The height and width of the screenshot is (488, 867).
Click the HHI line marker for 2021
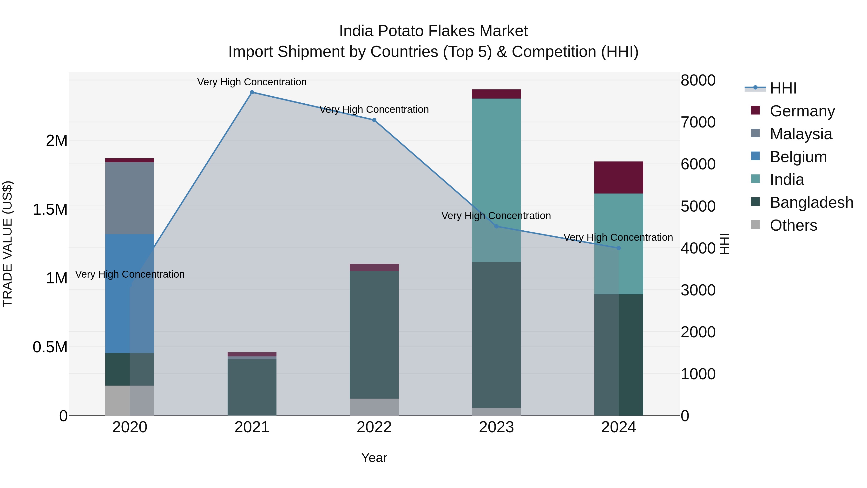click(x=252, y=92)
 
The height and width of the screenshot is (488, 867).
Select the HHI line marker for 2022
click(x=374, y=120)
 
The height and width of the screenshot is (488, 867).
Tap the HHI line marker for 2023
click(x=496, y=226)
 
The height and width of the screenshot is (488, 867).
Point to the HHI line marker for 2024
click(x=618, y=248)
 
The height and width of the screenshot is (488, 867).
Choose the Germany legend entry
click(x=802, y=111)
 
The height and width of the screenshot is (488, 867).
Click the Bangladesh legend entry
click(x=811, y=202)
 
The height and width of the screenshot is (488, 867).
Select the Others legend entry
click(x=793, y=225)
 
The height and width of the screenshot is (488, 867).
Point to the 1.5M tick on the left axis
click(x=50, y=209)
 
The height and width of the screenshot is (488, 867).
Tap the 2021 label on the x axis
click(x=252, y=427)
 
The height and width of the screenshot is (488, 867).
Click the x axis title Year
click(x=374, y=458)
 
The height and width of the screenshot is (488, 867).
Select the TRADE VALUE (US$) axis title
click(x=7, y=244)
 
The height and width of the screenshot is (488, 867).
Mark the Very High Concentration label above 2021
click(x=252, y=82)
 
